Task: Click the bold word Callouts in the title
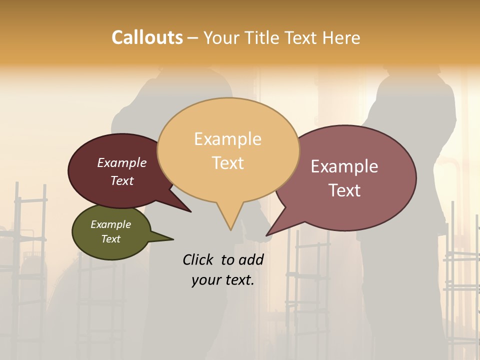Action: point(147,37)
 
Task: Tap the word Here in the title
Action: point(342,37)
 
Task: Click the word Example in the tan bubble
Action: point(227,139)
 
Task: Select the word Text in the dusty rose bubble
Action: point(344,190)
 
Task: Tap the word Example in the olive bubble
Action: point(110,224)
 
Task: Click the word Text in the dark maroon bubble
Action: point(122,181)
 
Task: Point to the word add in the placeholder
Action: point(251,259)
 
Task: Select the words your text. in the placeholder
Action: point(223,280)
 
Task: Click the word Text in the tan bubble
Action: point(228,163)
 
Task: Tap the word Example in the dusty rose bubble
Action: point(344,166)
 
